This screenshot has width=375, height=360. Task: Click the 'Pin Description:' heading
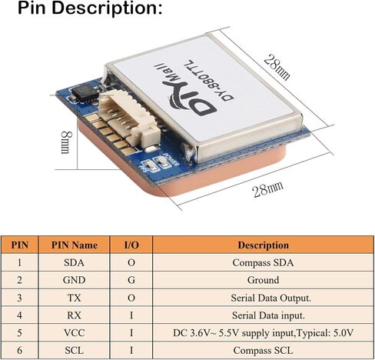pos(90,8)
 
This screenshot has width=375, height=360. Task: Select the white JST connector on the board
pos(129,120)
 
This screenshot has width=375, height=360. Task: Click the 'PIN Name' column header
pos(75,245)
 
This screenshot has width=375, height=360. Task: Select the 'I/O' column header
pos(131,245)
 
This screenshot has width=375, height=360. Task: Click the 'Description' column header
pos(264,245)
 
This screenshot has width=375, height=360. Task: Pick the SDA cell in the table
pos(74,262)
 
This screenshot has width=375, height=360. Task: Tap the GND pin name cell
pos(74,280)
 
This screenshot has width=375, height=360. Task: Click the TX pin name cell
pos(74,298)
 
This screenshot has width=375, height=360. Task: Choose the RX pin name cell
pos(74,315)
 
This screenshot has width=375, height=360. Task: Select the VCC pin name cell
pos(74,333)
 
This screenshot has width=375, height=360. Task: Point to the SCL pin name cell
pos(74,350)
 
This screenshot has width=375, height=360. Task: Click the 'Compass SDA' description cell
pos(263,262)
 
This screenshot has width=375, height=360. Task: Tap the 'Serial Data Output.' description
pos(270,298)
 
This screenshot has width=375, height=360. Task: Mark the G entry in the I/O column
pos(131,280)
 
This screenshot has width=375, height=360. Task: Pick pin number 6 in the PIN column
pos(19,350)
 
